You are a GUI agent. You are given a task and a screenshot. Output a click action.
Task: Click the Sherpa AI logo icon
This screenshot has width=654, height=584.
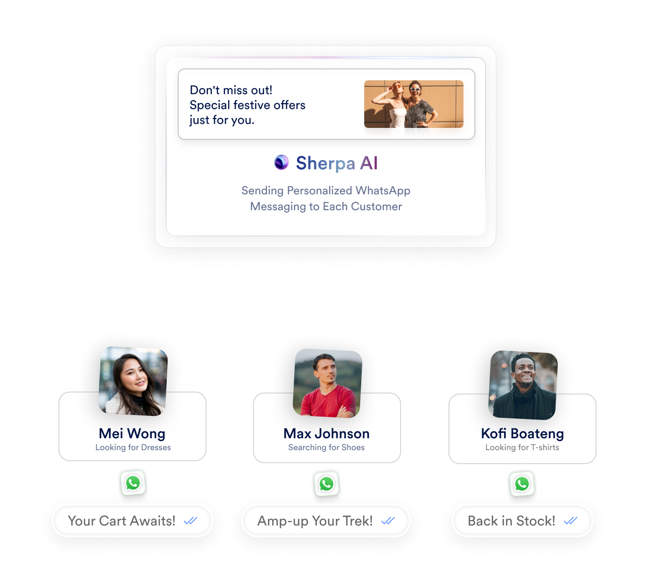281,162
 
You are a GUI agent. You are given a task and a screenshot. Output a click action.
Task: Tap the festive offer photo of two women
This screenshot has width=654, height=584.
413,104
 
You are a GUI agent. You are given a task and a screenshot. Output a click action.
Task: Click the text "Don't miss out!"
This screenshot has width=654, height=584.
231,90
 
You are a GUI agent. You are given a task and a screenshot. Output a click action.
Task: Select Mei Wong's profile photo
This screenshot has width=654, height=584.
133,381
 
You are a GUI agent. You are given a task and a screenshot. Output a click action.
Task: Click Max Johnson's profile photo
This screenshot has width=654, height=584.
327,383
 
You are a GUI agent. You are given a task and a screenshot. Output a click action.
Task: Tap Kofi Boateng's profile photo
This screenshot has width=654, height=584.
523,385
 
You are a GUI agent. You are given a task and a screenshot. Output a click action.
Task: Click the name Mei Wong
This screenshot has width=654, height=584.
132,433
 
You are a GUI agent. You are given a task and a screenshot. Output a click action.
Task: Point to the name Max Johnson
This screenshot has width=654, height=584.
327,434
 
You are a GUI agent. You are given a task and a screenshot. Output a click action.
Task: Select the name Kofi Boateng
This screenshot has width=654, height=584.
523,434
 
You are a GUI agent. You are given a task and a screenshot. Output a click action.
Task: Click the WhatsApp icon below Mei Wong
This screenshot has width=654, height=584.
133,483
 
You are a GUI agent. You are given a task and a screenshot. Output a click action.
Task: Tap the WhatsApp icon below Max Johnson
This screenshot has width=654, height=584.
327,484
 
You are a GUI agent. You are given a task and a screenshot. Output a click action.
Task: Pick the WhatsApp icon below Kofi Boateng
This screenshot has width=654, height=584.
522,484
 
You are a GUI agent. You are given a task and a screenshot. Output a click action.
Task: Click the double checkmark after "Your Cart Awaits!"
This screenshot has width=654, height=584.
191,521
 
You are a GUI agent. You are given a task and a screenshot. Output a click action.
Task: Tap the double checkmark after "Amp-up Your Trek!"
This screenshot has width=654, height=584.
388,521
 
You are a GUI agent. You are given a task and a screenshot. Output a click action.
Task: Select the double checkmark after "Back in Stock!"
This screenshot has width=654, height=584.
571,521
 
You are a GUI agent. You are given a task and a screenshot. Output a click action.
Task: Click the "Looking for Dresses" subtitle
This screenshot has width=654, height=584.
133,448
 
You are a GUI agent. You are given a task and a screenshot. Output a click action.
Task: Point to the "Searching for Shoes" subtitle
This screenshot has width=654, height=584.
327,448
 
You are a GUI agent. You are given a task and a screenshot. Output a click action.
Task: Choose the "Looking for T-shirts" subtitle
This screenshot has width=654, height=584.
522,448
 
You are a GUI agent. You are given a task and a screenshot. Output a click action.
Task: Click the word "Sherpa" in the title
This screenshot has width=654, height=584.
326,163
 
